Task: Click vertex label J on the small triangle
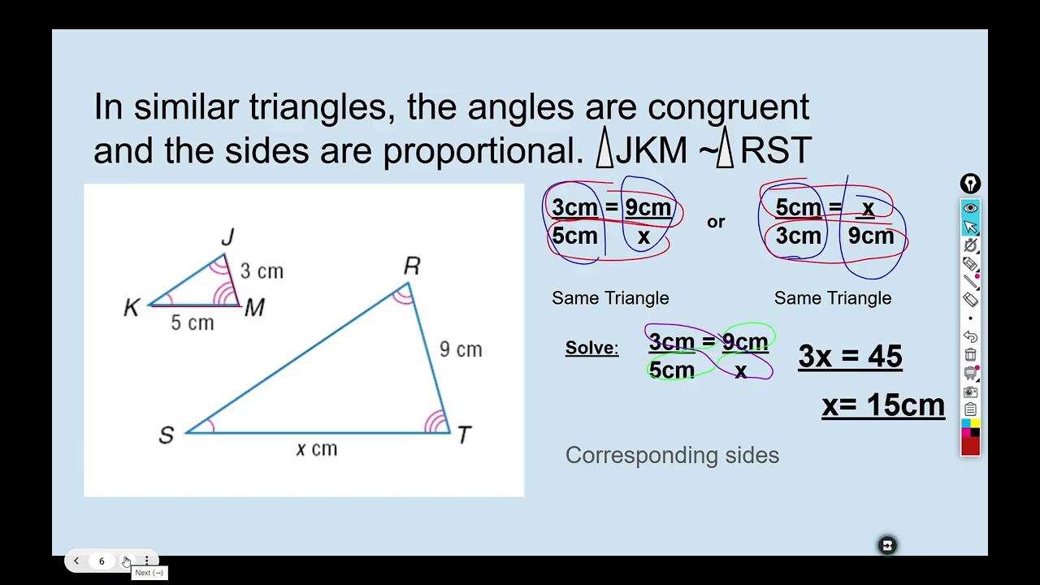point(227,236)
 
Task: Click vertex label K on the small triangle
point(132,308)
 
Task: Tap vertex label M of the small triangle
point(254,308)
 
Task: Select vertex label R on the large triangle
point(412,266)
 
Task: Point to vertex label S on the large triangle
point(167,435)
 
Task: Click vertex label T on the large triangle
point(464,435)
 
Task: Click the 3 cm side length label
point(262,271)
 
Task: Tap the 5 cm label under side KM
point(193,323)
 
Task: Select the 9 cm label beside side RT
point(461,349)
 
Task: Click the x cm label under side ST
point(317,449)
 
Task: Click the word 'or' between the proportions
point(716,222)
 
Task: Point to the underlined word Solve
point(591,349)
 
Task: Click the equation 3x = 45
point(850,357)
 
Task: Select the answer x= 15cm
point(883,405)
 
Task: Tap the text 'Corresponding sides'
point(672,455)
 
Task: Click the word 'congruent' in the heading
point(728,107)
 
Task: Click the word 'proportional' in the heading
point(479,150)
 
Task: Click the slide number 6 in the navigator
point(102,561)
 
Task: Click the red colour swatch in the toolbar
point(970,446)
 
